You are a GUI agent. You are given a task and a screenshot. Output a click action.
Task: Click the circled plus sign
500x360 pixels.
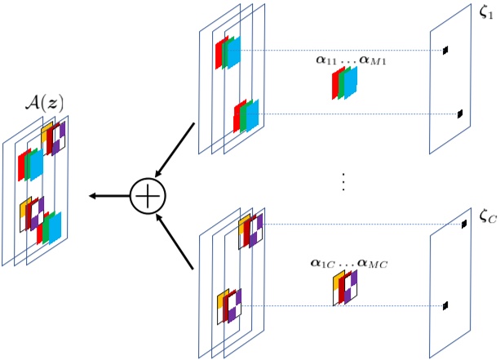pyautogui.click(x=148, y=196)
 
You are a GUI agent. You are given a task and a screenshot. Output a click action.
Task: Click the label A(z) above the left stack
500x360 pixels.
pyautogui.click(x=45, y=104)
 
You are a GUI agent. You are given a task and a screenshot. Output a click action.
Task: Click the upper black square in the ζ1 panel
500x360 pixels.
pyautogui.click(x=445, y=51)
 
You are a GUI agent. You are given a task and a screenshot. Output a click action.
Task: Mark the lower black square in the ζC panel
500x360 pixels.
pyautogui.click(x=446, y=306)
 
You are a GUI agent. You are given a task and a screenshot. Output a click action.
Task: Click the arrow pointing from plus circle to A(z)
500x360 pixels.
pyautogui.click(x=109, y=196)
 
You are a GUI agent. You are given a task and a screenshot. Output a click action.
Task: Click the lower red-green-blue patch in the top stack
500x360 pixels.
pyautogui.click(x=246, y=114)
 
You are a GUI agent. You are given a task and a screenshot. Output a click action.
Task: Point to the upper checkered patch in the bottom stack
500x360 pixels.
pyautogui.click(x=250, y=231)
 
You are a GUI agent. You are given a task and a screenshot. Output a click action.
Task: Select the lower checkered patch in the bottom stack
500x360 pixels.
pyautogui.click(x=229, y=306)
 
